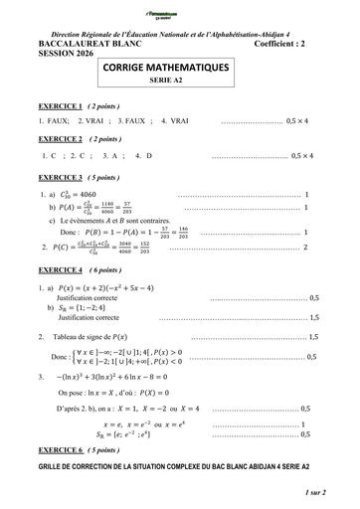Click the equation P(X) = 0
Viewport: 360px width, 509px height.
point(185,393)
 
